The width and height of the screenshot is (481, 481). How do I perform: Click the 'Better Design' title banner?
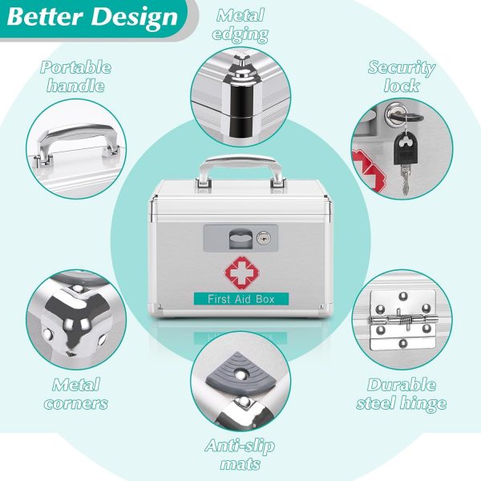(92, 17)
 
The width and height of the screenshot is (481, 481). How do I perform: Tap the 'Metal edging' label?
(240, 25)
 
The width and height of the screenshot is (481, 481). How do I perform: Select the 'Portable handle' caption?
(76, 76)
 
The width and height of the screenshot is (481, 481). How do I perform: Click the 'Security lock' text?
(402, 76)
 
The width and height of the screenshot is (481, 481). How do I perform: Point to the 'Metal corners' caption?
(76, 394)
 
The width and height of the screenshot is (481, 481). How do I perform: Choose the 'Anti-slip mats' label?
(240, 455)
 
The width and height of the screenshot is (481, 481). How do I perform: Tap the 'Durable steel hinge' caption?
(402, 394)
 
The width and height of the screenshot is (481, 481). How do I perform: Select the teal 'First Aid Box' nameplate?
(241, 299)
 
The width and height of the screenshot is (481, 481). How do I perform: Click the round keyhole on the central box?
(264, 238)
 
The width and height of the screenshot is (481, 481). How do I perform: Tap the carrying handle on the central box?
(240, 172)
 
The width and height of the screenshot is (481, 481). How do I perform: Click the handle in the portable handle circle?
(75, 143)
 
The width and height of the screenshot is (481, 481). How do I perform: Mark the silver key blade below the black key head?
(405, 180)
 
